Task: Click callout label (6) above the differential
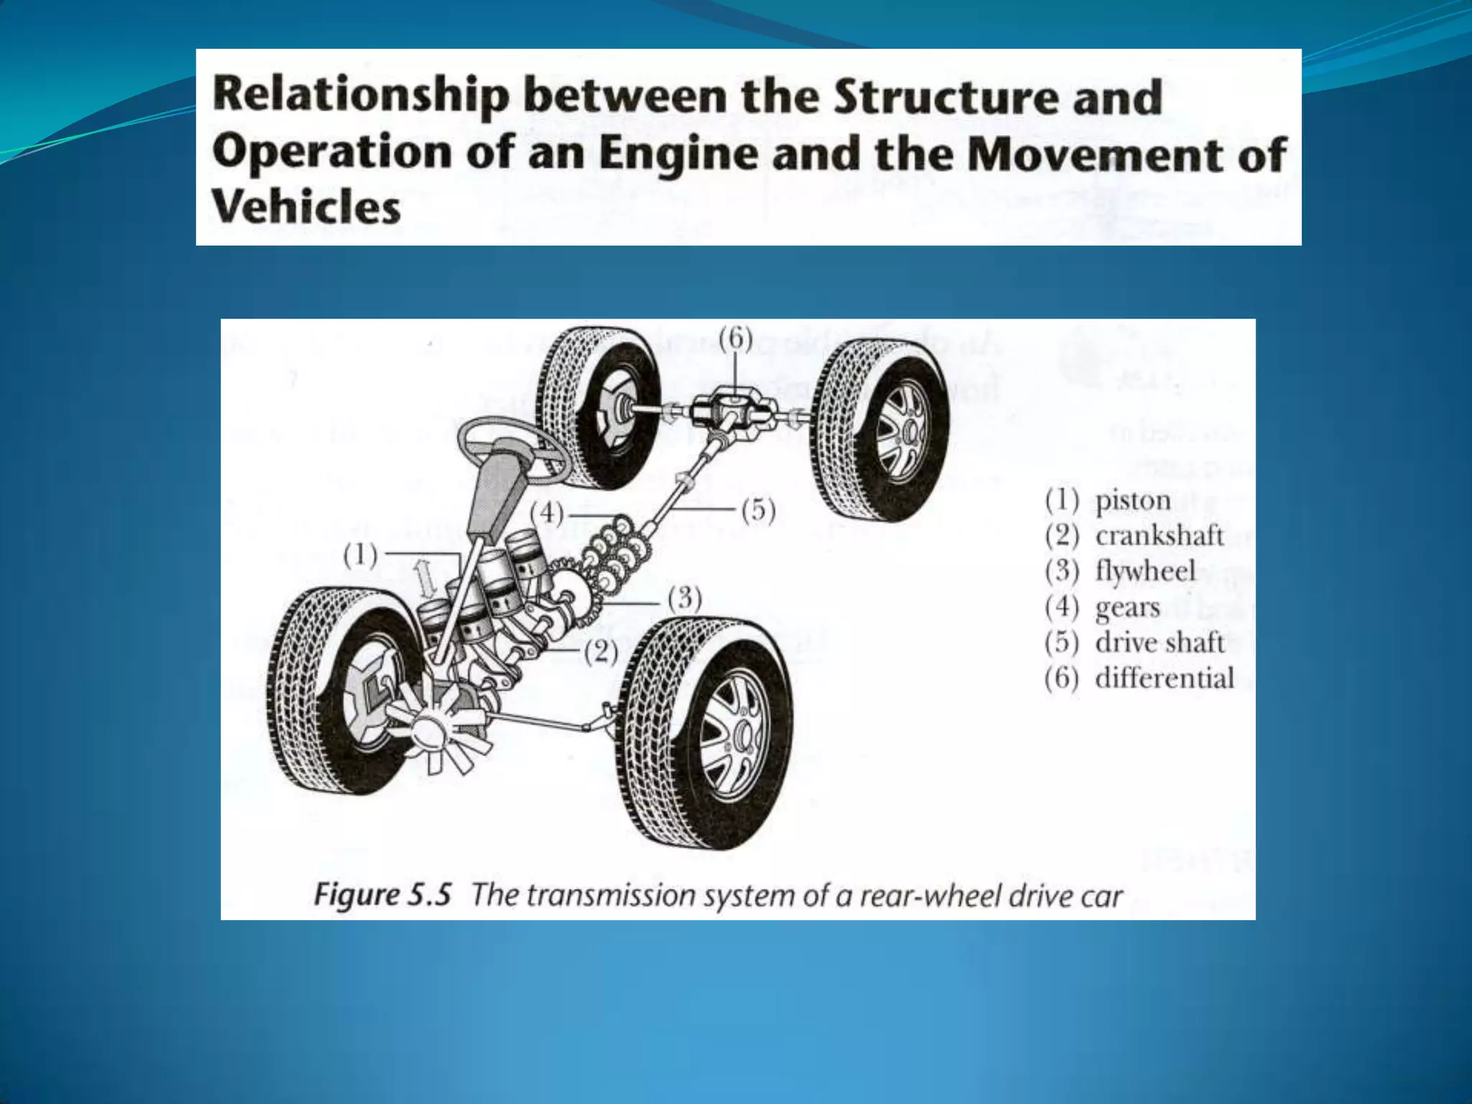735,339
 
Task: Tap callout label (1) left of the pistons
360,555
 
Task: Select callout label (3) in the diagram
684,599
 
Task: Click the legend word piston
1133,501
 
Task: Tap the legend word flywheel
1145,571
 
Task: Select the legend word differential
1164,678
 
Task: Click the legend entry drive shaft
1159,643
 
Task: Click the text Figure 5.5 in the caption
382,896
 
